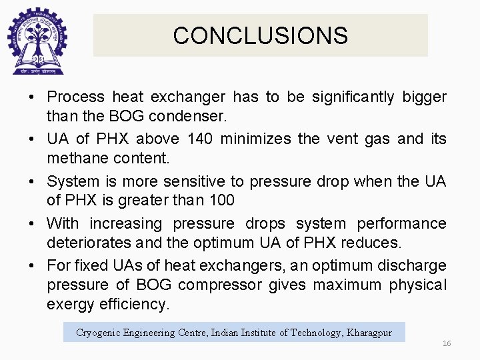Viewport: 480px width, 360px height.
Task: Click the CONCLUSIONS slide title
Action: [260, 35]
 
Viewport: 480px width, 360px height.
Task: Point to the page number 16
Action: [447, 343]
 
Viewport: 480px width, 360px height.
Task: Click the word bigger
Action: [424, 97]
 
